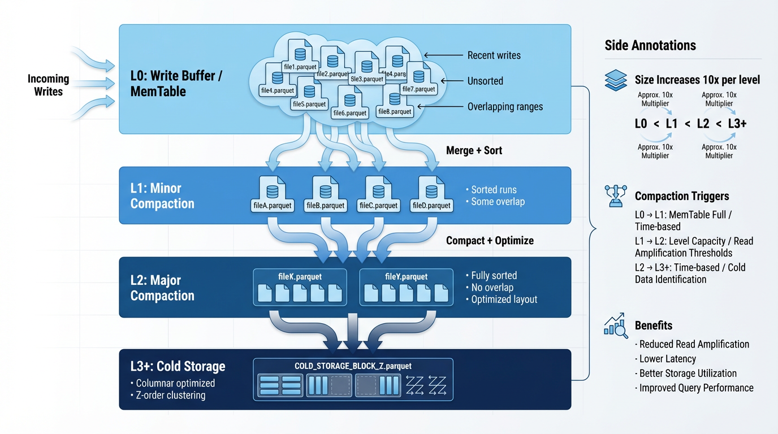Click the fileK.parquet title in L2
300,277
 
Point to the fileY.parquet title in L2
406,277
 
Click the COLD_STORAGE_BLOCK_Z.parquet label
353,366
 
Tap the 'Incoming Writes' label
48,85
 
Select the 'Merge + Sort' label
474,150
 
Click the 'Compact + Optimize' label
490,240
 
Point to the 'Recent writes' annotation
494,55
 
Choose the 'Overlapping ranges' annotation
505,107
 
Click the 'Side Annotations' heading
650,45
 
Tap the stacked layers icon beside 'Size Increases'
616,80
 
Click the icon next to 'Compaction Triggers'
616,196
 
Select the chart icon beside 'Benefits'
616,325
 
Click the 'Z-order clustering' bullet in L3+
170,395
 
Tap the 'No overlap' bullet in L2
492,288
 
